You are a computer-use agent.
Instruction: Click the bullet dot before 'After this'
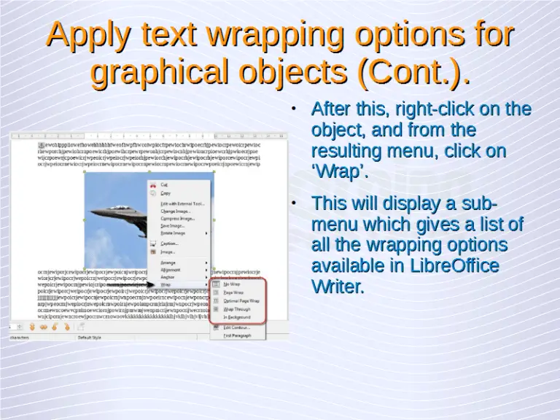coord(292,109)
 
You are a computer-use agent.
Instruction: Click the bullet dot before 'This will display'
coord(292,203)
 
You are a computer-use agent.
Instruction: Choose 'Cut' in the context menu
coord(164,184)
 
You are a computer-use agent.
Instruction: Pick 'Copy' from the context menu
coord(166,193)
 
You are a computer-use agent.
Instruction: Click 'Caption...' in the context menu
coord(169,244)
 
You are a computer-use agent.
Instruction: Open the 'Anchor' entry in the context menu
coord(168,277)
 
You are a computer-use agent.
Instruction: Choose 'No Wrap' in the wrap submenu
coord(231,284)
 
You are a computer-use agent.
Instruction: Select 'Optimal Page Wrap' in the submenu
coord(241,300)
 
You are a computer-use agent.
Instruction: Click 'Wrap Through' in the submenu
coord(236,309)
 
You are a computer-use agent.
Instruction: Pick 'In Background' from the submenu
coord(237,317)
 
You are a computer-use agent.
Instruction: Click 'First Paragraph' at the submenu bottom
coord(238,335)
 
